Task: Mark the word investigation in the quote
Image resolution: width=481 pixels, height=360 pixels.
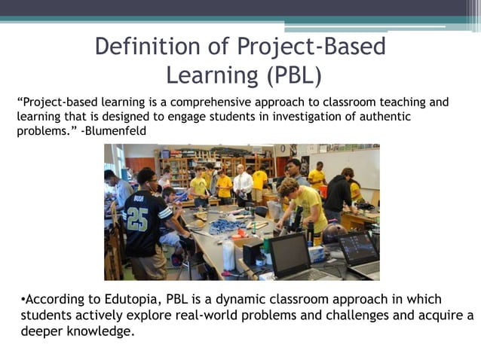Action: click(284, 116)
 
